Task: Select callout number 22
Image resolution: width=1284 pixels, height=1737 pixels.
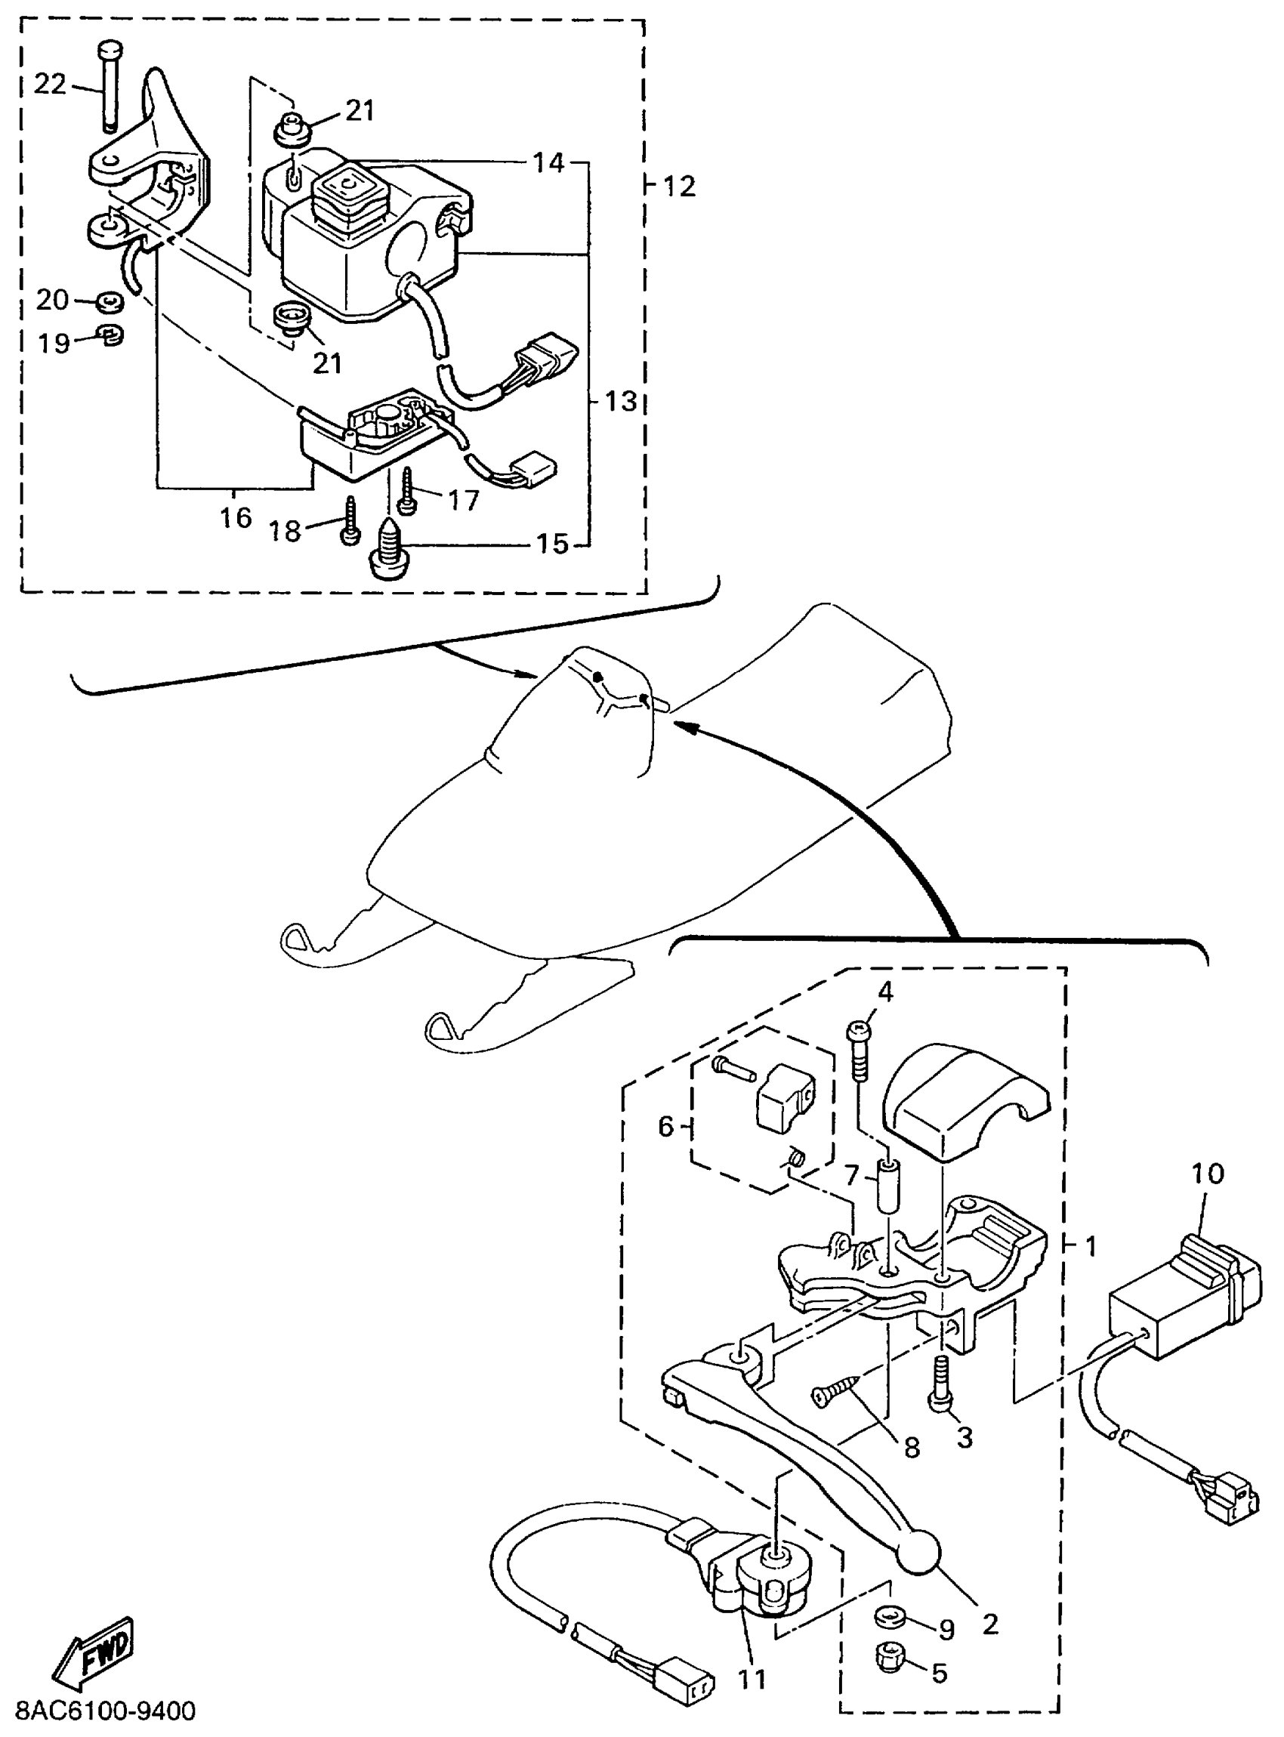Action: point(51,84)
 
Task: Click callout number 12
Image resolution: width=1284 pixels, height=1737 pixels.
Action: point(679,187)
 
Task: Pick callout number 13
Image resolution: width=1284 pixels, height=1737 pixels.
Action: point(620,402)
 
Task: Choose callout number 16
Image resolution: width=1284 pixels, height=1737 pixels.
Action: point(236,517)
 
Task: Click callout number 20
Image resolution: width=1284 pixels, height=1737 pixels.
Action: point(52,299)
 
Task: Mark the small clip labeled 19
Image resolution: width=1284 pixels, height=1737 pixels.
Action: point(112,336)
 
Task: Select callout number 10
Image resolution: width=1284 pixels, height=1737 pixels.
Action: point(1207,1173)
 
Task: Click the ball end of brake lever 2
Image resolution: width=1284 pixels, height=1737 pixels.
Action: point(918,1553)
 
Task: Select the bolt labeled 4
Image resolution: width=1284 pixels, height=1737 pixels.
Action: point(859,1049)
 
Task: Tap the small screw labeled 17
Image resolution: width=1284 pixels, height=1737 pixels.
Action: point(406,490)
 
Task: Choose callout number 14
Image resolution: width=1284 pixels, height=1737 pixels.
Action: point(549,163)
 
